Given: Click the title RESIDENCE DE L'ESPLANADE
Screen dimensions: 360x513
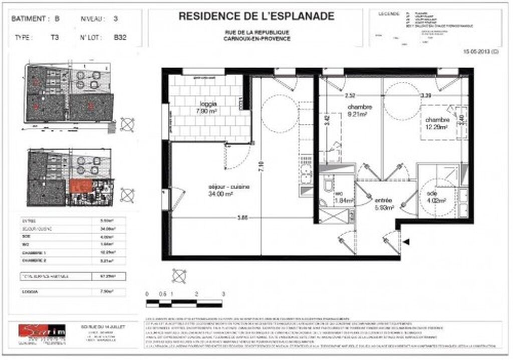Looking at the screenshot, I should coord(256,17).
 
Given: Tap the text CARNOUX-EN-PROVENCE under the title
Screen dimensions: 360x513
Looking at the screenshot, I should coord(257,39).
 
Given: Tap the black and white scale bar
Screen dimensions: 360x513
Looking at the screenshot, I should coord(185,302).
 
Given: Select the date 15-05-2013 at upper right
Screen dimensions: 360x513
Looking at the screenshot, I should coord(481,52).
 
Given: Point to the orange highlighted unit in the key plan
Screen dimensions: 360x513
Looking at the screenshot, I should coord(81,186).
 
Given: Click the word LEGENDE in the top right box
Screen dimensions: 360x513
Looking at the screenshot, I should coord(389,14).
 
